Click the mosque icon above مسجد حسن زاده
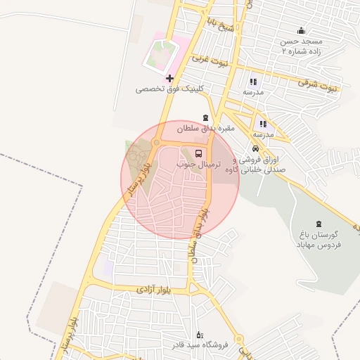tap(302, 30)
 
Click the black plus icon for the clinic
tap(169, 78)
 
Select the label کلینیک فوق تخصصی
tap(169, 89)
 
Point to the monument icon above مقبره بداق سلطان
tap(205, 117)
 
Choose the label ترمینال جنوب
tap(198, 164)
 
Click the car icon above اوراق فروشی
tap(255, 148)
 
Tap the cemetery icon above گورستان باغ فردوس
tap(320, 223)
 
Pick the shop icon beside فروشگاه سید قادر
tap(199, 334)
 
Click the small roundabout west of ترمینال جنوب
tap(155, 141)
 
